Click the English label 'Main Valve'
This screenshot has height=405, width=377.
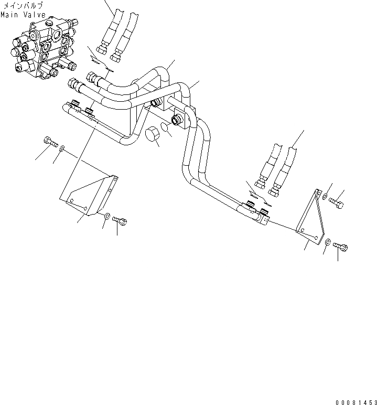pyautogui.click(x=23, y=14)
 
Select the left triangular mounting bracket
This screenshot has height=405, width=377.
pyautogui.click(x=90, y=195)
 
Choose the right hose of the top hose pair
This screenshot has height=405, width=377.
pyautogui.click(x=122, y=37)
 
